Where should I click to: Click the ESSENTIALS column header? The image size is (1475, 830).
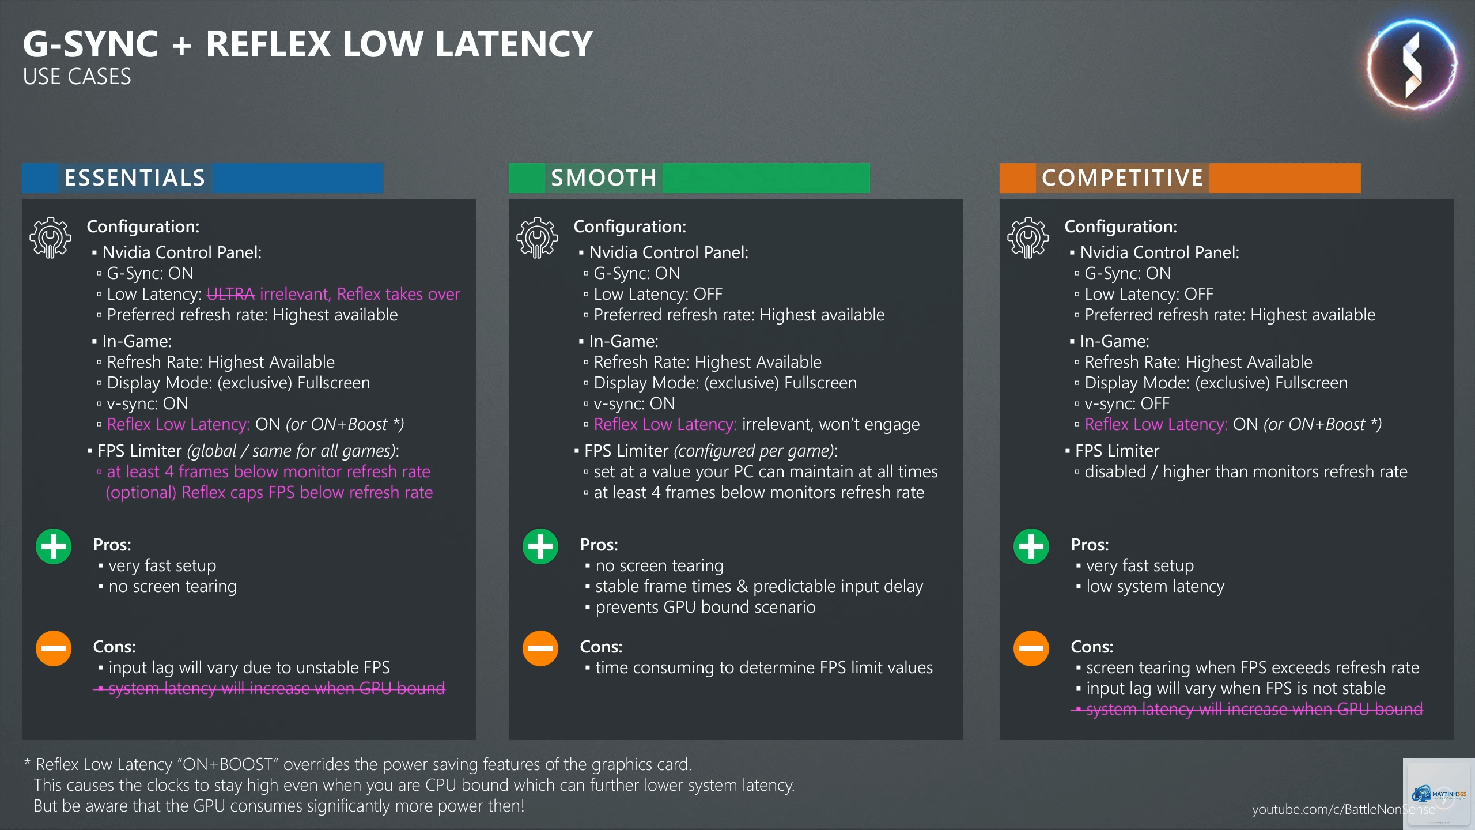click(202, 178)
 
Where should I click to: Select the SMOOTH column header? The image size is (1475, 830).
click(689, 178)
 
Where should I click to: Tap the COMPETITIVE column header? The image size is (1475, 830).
click(1180, 178)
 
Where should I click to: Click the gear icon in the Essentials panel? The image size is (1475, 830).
click(51, 237)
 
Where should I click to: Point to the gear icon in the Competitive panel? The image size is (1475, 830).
click(1028, 237)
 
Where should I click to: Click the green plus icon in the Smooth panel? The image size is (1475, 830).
click(540, 546)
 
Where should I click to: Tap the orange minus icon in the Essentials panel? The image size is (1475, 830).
click(54, 648)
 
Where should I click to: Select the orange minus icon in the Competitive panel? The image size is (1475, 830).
click(1031, 648)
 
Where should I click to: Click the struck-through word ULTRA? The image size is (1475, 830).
click(230, 294)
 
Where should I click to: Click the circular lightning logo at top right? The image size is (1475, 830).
click(1412, 65)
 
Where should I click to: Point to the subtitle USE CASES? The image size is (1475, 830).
click(77, 77)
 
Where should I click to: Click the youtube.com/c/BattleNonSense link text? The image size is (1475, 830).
click(1344, 809)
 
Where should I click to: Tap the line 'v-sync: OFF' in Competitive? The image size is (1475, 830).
click(1127, 403)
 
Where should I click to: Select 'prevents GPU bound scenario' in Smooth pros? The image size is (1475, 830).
click(705, 607)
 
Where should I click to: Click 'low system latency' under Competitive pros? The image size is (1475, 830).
click(1155, 586)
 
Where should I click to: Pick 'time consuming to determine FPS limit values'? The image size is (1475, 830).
click(764, 667)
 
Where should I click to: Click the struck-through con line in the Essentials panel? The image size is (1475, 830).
click(270, 688)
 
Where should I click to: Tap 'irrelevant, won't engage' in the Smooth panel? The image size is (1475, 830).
click(831, 424)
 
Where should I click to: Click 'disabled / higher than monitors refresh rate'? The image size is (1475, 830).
click(1246, 471)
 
